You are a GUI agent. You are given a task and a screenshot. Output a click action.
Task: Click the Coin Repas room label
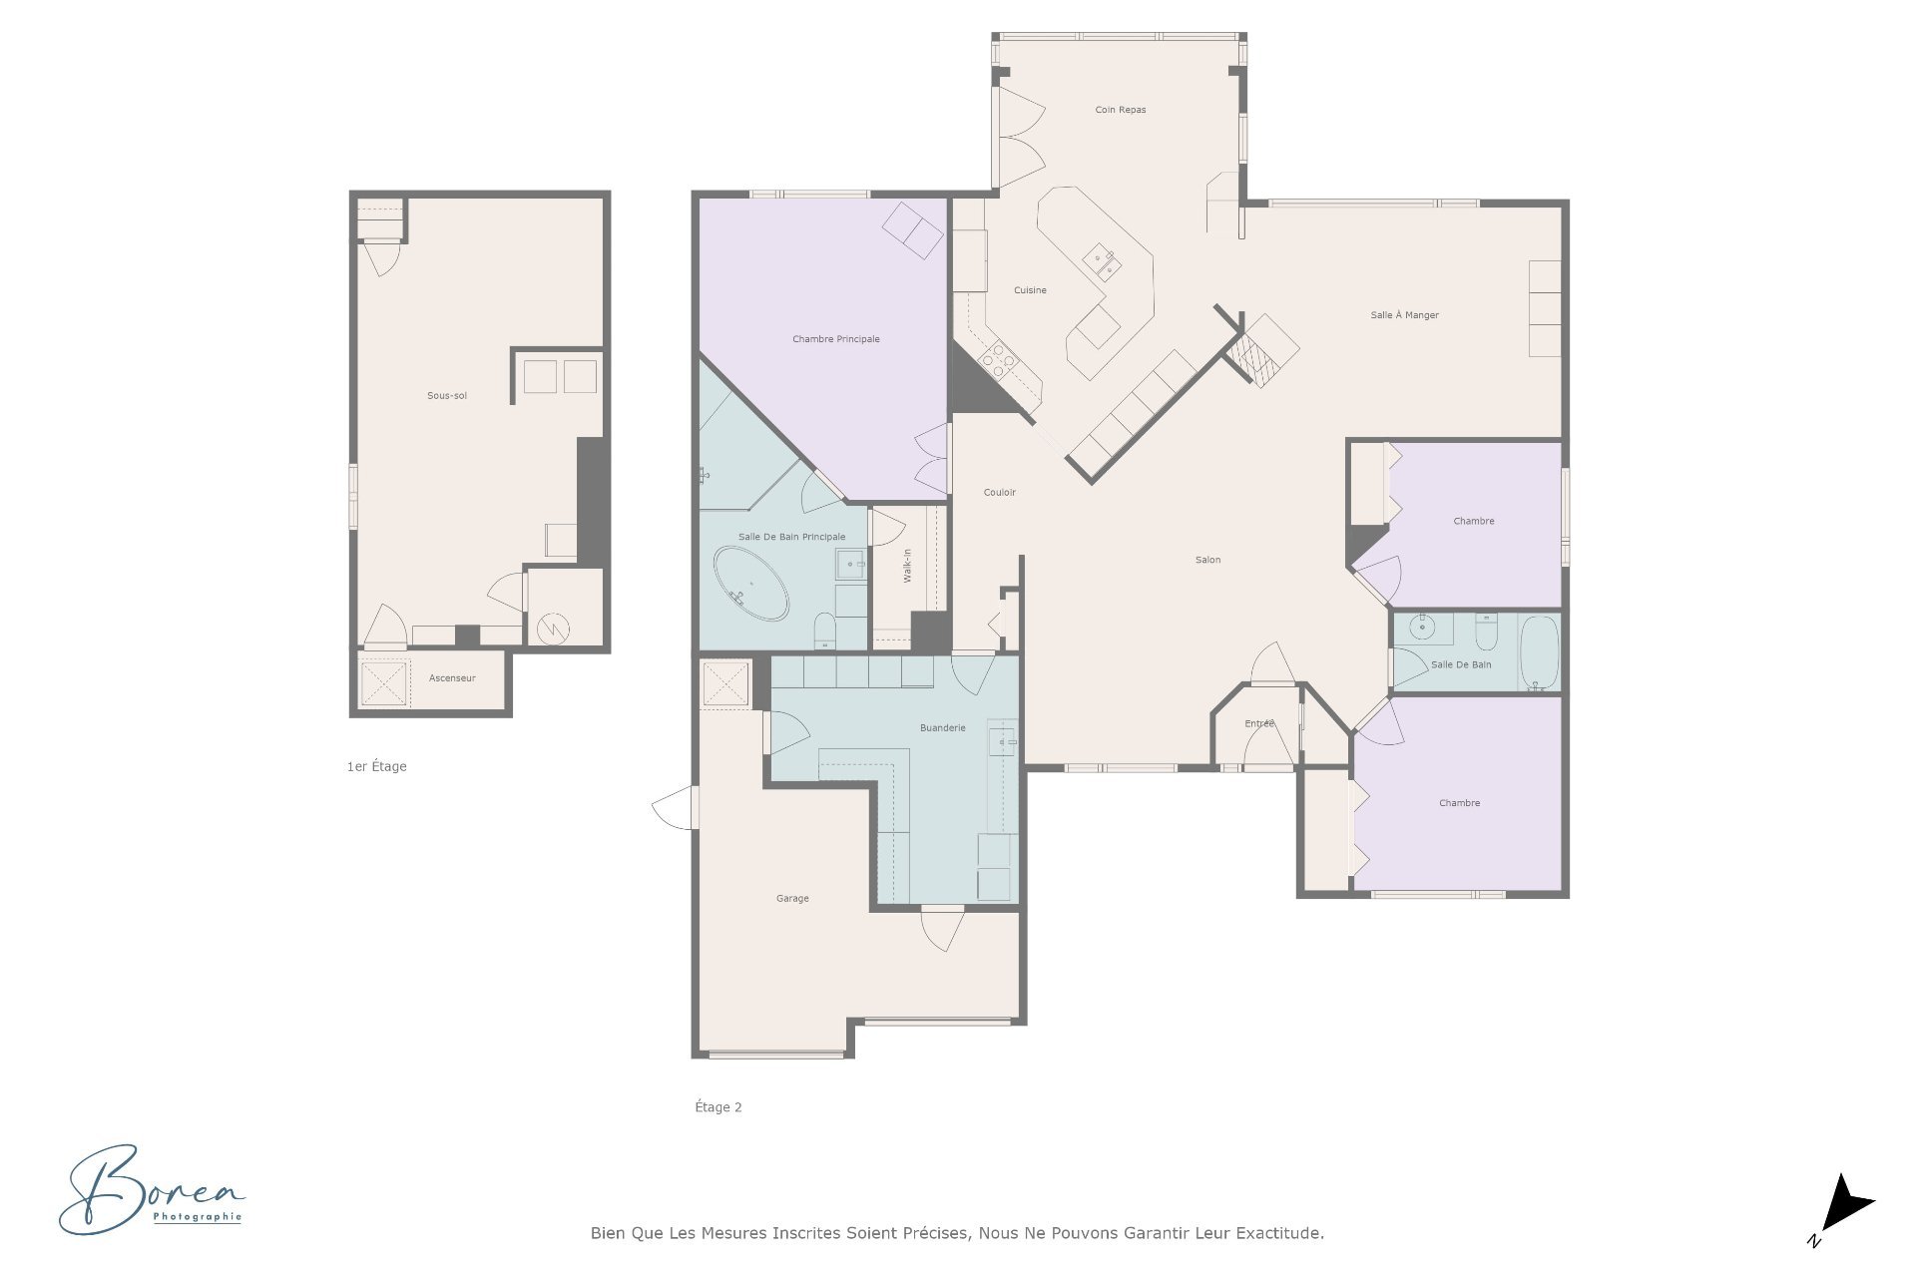point(1121,110)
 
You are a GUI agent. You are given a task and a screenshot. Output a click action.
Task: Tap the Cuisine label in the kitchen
point(1031,290)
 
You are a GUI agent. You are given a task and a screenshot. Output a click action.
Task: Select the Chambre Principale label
point(836,339)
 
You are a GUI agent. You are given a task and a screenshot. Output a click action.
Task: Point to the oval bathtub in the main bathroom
point(750,583)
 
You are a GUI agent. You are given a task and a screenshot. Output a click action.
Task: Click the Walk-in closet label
point(908,566)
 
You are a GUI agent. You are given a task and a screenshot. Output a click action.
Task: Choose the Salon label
point(1208,560)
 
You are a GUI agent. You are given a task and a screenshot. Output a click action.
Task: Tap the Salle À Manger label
point(1405,315)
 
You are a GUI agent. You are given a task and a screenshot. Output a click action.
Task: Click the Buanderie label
point(943,728)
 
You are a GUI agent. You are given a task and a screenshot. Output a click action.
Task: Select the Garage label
point(793,899)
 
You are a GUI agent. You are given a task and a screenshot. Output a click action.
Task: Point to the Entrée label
point(1259,723)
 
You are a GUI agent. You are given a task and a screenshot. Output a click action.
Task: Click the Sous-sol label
point(447,396)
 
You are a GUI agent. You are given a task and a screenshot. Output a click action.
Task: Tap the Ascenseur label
point(452,678)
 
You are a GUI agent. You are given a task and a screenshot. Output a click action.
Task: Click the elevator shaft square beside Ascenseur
point(384,683)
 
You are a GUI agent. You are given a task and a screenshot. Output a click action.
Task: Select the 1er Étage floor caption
point(377,766)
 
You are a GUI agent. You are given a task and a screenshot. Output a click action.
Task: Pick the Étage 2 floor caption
point(718,1106)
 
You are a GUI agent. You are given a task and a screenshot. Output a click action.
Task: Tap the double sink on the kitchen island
point(1103,263)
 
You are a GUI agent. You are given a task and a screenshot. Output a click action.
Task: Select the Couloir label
point(1000,493)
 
